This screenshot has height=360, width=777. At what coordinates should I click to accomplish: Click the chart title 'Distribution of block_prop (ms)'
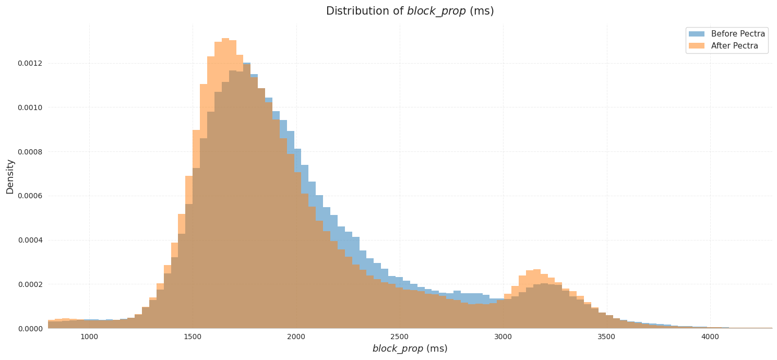[410, 11]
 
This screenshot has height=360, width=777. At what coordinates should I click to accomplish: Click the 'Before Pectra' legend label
[738, 34]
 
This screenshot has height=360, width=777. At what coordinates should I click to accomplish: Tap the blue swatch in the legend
[696, 34]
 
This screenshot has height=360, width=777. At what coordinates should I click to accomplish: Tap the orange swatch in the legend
[696, 46]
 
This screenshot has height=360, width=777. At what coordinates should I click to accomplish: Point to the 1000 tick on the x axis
[89, 337]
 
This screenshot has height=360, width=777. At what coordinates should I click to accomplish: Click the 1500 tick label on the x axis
[193, 337]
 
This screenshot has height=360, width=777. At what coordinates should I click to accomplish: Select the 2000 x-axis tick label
[296, 337]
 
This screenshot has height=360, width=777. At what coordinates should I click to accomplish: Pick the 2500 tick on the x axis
[400, 337]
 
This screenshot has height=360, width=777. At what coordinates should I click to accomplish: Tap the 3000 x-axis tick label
[503, 337]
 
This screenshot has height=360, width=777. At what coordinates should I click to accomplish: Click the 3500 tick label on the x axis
[606, 337]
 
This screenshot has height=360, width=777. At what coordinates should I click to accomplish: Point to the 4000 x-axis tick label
[710, 337]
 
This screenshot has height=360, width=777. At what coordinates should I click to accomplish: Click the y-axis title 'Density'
[10, 176]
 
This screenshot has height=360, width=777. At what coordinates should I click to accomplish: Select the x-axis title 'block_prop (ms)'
[410, 349]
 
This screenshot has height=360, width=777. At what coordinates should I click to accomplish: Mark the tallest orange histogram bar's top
[225, 39]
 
